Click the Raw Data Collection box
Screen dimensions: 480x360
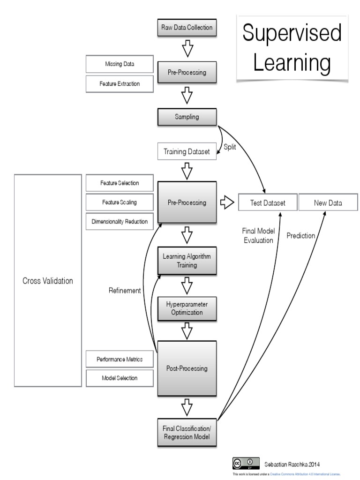(187, 28)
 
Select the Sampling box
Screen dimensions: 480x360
(187, 117)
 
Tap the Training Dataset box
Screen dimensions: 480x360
(187, 152)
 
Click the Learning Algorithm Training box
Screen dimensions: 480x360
(187, 261)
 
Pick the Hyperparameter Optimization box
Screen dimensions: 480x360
(187, 308)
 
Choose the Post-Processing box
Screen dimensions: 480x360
(187, 368)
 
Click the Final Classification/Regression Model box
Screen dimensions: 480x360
(187, 433)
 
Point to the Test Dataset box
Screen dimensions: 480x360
(268, 203)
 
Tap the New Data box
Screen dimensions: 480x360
(328, 203)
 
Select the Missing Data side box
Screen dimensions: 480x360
(120, 64)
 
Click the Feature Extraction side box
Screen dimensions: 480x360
(120, 83)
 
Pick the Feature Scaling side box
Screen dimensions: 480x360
(120, 202)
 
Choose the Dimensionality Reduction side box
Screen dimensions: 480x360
(120, 221)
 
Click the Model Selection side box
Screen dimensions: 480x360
(120, 378)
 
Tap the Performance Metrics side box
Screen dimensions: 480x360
(120, 359)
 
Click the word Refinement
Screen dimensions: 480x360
(125, 291)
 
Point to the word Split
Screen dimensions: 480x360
(231, 147)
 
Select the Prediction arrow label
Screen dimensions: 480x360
(301, 236)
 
